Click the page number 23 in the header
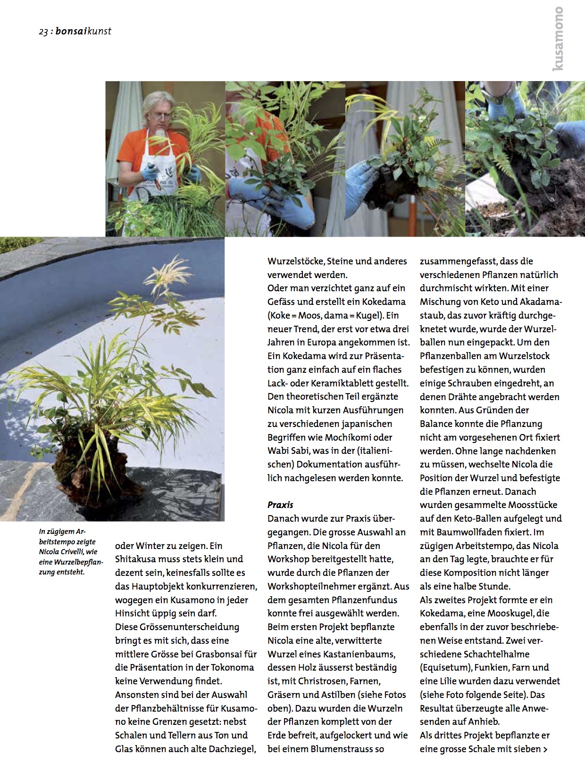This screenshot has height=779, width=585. pyautogui.click(x=43, y=32)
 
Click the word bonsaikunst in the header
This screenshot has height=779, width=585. pyautogui.click(x=83, y=32)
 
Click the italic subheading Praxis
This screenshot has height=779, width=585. pyautogui.click(x=280, y=505)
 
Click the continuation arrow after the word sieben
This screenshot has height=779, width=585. pyautogui.click(x=545, y=749)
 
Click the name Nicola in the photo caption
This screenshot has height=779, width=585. pyautogui.click(x=49, y=552)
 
